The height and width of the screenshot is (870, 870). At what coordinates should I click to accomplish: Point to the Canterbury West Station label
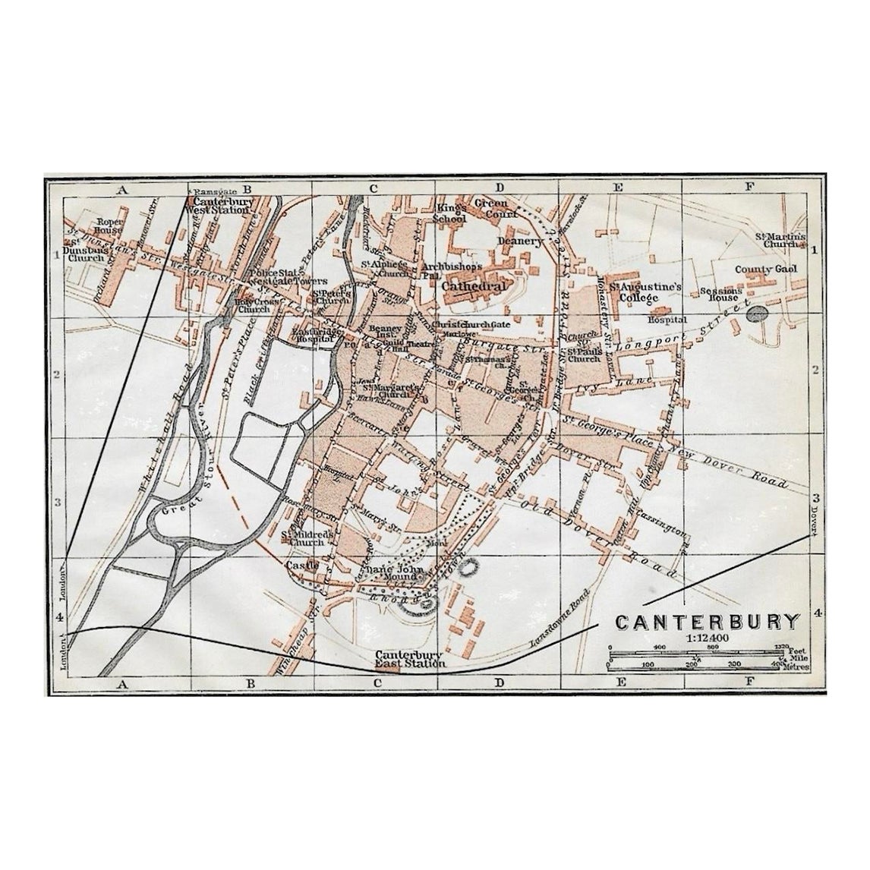[221, 206]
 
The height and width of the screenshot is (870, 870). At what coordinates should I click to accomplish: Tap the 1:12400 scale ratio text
[708, 638]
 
